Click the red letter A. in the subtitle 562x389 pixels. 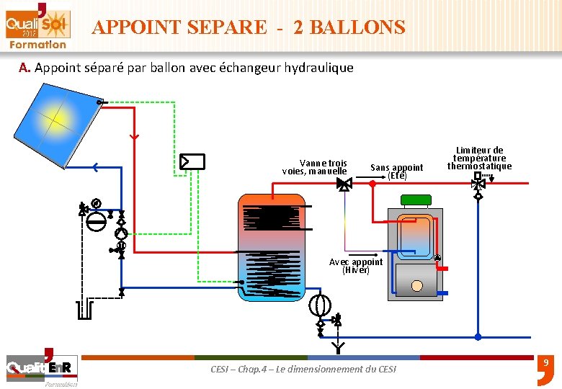pos(25,68)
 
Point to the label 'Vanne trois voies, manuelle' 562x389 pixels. pos(315,167)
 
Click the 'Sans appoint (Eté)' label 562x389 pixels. pos(396,171)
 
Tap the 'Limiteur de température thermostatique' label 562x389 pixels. pos(479,158)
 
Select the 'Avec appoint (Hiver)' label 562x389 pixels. pos(356,266)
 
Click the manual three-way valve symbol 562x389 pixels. pos(344,184)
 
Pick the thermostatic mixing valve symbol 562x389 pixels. pos(477,184)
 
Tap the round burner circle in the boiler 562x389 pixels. pos(416,285)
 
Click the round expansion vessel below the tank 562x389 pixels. pos(319,305)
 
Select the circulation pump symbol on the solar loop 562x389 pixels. pos(121,233)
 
